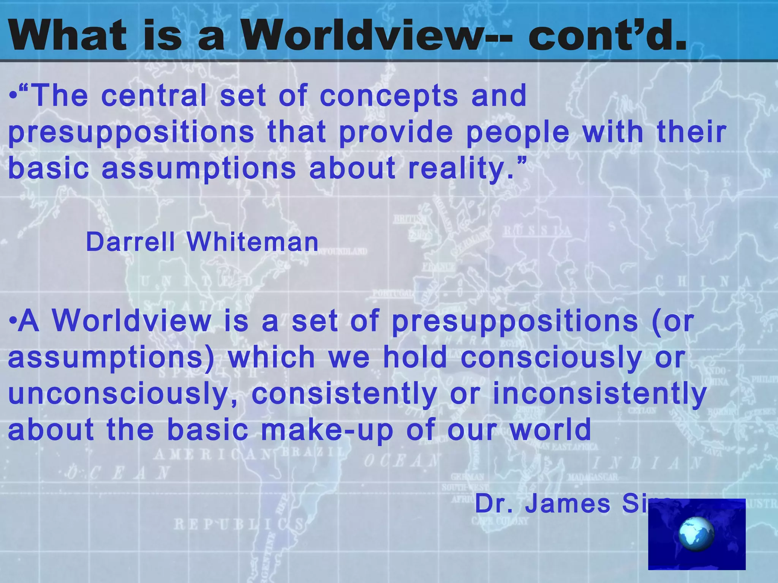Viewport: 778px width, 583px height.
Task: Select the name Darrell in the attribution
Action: pyautogui.click(x=131, y=242)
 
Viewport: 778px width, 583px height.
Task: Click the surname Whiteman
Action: pyautogui.click(x=253, y=242)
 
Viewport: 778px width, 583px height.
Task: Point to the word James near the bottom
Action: pyautogui.click(x=568, y=504)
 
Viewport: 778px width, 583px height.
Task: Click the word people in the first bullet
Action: pyautogui.click(x=518, y=132)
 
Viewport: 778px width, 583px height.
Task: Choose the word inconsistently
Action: pyautogui.click(x=599, y=394)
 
